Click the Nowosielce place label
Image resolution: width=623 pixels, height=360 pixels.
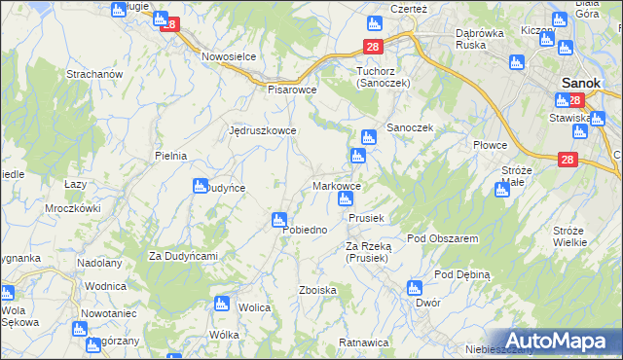pyautogui.click(x=229, y=56)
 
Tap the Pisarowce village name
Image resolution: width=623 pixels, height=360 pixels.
pyautogui.click(x=293, y=89)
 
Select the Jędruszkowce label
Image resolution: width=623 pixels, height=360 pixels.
pyautogui.click(x=262, y=129)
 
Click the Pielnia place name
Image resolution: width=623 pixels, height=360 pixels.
pyautogui.click(x=170, y=156)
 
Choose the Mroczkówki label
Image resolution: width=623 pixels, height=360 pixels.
pyautogui.click(x=73, y=208)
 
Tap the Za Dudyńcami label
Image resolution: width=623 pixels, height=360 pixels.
pyautogui.click(x=182, y=256)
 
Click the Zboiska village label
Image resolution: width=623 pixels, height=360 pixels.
pyautogui.click(x=318, y=290)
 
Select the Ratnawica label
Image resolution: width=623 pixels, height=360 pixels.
pyautogui.click(x=363, y=342)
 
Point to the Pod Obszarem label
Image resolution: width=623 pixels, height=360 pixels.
pyautogui.click(x=442, y=238)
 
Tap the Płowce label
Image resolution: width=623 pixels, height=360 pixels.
pyautogui.click(x=491, y=145)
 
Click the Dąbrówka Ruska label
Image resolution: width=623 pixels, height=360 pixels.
pyautogui.click(x=485, y=38)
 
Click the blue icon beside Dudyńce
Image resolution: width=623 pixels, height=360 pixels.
pyautogui.click(x=201, y=185)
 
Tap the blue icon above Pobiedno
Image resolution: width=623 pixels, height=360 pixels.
pyautogui.click(x=280, y=221)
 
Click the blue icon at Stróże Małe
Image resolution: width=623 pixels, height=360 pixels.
pyautogui.click(x=502, y=189)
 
